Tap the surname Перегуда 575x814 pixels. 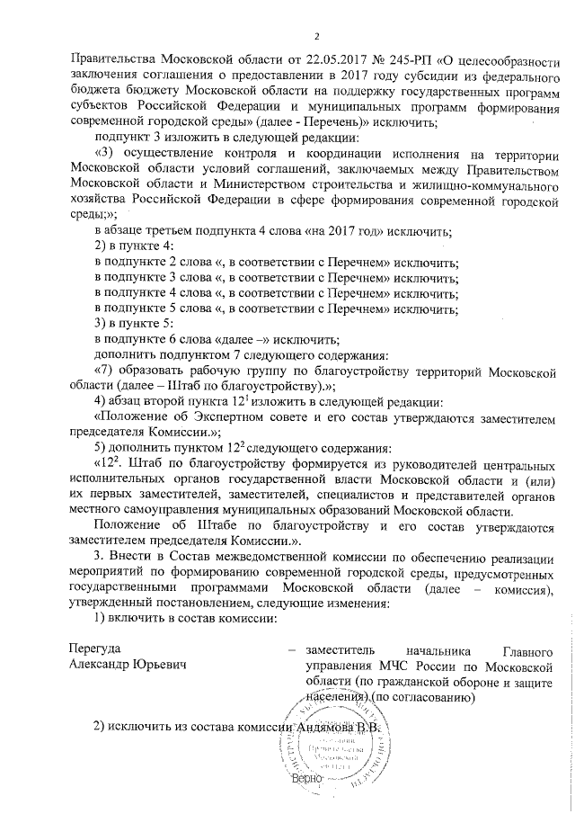click(95, 648)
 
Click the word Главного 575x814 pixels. click(525, 649)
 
